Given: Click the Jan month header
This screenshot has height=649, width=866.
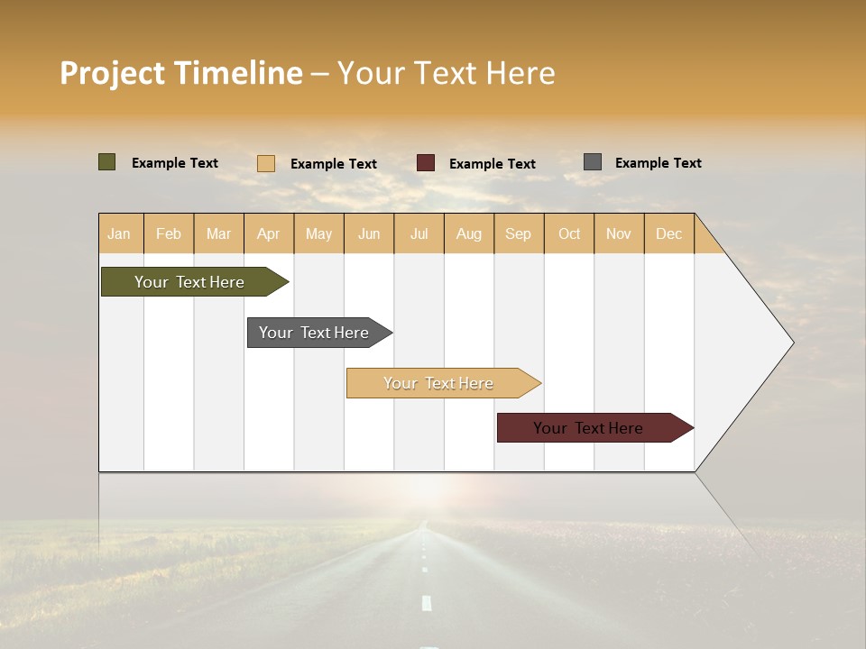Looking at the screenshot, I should [x=120, y=233].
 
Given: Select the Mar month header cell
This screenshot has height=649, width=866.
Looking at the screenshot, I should [x=218, y=233].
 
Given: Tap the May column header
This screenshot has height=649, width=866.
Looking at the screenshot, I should [x=318, y=233].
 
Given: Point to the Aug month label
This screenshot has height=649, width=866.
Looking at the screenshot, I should [x=468, y=233].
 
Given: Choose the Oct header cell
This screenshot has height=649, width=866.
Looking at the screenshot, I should [x=569, y=233].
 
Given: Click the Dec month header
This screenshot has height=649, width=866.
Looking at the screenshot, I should [x=668, y=233].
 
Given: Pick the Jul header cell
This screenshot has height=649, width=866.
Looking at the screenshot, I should [x=419, y=233].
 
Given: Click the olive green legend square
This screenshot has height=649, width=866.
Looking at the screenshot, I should [x=107, y=162].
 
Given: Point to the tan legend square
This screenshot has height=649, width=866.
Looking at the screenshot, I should [x=266, y=163].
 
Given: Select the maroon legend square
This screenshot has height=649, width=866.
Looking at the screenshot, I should [x=426, y=163].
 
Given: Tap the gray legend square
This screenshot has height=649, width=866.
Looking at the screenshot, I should [x=593, y=162].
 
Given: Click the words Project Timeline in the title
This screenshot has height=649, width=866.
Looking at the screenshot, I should [x=180, y=73].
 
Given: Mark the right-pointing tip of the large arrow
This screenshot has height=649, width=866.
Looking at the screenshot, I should [x=791, y=343].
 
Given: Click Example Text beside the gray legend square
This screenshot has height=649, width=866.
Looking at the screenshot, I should [x=658, y=163].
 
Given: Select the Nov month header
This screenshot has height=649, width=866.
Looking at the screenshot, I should [x=618, y=233].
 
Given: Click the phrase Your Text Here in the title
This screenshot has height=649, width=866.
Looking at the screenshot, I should [x=446, y=73].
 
